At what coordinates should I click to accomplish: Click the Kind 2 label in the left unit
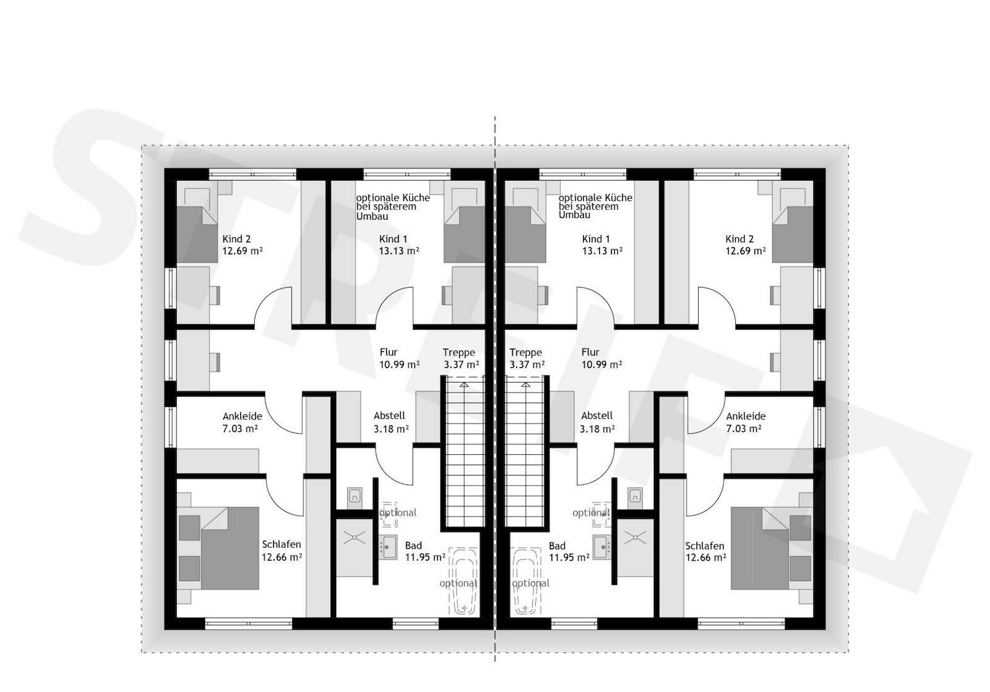(236, 239)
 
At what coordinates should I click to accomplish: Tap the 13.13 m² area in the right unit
(603, 251)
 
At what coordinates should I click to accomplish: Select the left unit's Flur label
(389, 352)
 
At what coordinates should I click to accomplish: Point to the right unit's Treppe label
(526, 352)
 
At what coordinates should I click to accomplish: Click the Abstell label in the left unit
(389, 416)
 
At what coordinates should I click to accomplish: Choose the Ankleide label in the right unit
(745, 416)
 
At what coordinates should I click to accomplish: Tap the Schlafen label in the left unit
(282, 545)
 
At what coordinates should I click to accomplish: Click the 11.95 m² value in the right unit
(569, 557)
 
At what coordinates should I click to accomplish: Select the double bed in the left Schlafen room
(229, 548)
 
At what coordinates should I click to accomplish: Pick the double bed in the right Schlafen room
(760, 548)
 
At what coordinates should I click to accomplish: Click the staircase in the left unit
(464, 452)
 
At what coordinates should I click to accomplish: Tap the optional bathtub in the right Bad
(526, 581)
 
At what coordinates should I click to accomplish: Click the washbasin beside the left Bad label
(387, 547)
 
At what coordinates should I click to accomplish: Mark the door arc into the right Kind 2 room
(717, 307)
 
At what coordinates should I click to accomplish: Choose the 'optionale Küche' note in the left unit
(393, 207)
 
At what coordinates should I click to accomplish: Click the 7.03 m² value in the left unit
(240, 429)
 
